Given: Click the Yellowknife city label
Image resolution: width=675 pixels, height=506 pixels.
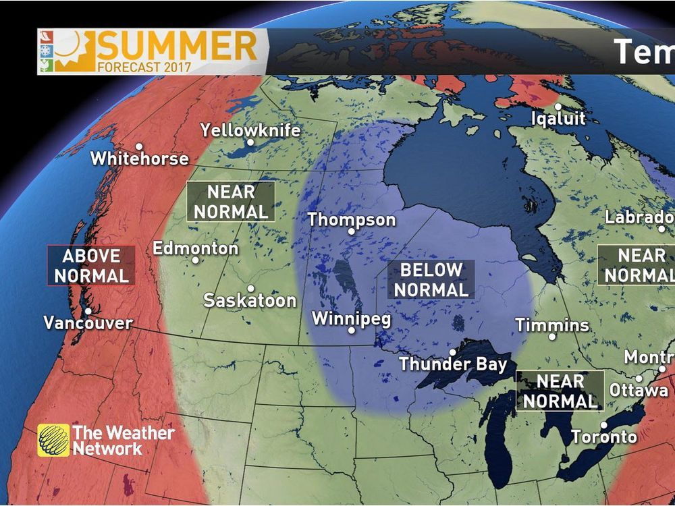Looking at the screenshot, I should click(250, 130).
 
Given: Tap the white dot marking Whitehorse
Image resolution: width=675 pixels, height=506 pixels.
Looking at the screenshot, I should click(138, 146).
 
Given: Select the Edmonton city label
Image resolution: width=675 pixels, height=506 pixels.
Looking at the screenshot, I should click(195, 248).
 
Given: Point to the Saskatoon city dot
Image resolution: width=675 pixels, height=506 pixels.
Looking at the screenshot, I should click(250, 288).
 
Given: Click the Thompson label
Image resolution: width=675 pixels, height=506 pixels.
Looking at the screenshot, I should click(351, 220).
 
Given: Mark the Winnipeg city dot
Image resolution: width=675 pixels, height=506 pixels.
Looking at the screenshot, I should click(351, 330).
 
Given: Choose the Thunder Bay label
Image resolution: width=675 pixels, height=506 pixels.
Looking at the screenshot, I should click(452, 364).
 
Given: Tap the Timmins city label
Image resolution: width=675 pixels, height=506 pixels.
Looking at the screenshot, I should click(552, 325).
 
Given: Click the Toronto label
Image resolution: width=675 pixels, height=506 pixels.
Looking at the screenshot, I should click(604, 437).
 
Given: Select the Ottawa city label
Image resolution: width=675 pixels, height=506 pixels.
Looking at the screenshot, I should click(639, 390).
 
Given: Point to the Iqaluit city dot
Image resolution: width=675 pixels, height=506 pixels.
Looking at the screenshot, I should click(558, 107).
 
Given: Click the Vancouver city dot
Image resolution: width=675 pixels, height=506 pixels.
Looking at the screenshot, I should click(88, 311).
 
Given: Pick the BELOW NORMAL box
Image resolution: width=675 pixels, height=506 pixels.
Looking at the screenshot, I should click(431, 279).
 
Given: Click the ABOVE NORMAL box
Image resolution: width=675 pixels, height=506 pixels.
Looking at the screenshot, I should click(91, 265).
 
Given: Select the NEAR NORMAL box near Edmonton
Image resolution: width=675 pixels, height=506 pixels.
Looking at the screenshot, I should click(231, 201).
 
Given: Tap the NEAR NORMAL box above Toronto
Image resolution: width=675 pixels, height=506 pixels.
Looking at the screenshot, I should click(560, 391).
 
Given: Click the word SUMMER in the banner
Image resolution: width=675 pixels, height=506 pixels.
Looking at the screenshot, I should click(178, 46).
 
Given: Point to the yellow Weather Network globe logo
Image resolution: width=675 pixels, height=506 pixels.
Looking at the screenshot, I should click(53, 440).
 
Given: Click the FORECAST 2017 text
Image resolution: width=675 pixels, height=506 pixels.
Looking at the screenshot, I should click(144, 67).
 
